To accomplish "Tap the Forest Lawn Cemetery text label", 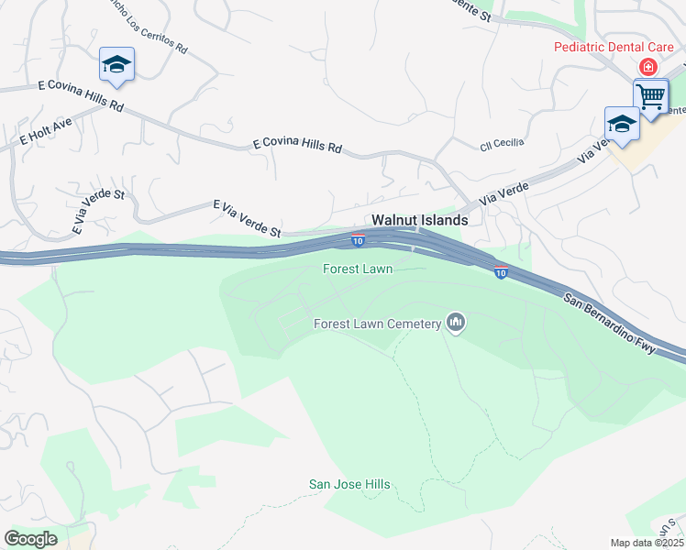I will (x=378, y=324).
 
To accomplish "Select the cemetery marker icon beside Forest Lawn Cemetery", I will (x=456, y=322).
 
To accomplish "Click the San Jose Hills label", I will (x=349, y=485).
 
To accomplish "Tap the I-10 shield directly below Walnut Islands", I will (x=358, y=241).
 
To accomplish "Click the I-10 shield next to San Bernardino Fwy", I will (x=501, y=272).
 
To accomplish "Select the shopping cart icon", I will (x=650, y=95).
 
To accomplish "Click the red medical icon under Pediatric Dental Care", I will (x=648, y=67).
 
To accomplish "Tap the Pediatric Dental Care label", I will (x=614, y=47).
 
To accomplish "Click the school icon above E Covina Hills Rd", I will (x=116, y=64).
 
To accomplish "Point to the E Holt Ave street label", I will (x=46, y=133).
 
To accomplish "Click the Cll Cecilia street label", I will (x=502, y=144).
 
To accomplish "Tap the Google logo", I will (x=31, y=539).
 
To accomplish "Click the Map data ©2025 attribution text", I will (x=646, y=543).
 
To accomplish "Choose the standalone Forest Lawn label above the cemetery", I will (x=357, y=269).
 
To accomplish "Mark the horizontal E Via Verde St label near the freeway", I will (x=247, y=220).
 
